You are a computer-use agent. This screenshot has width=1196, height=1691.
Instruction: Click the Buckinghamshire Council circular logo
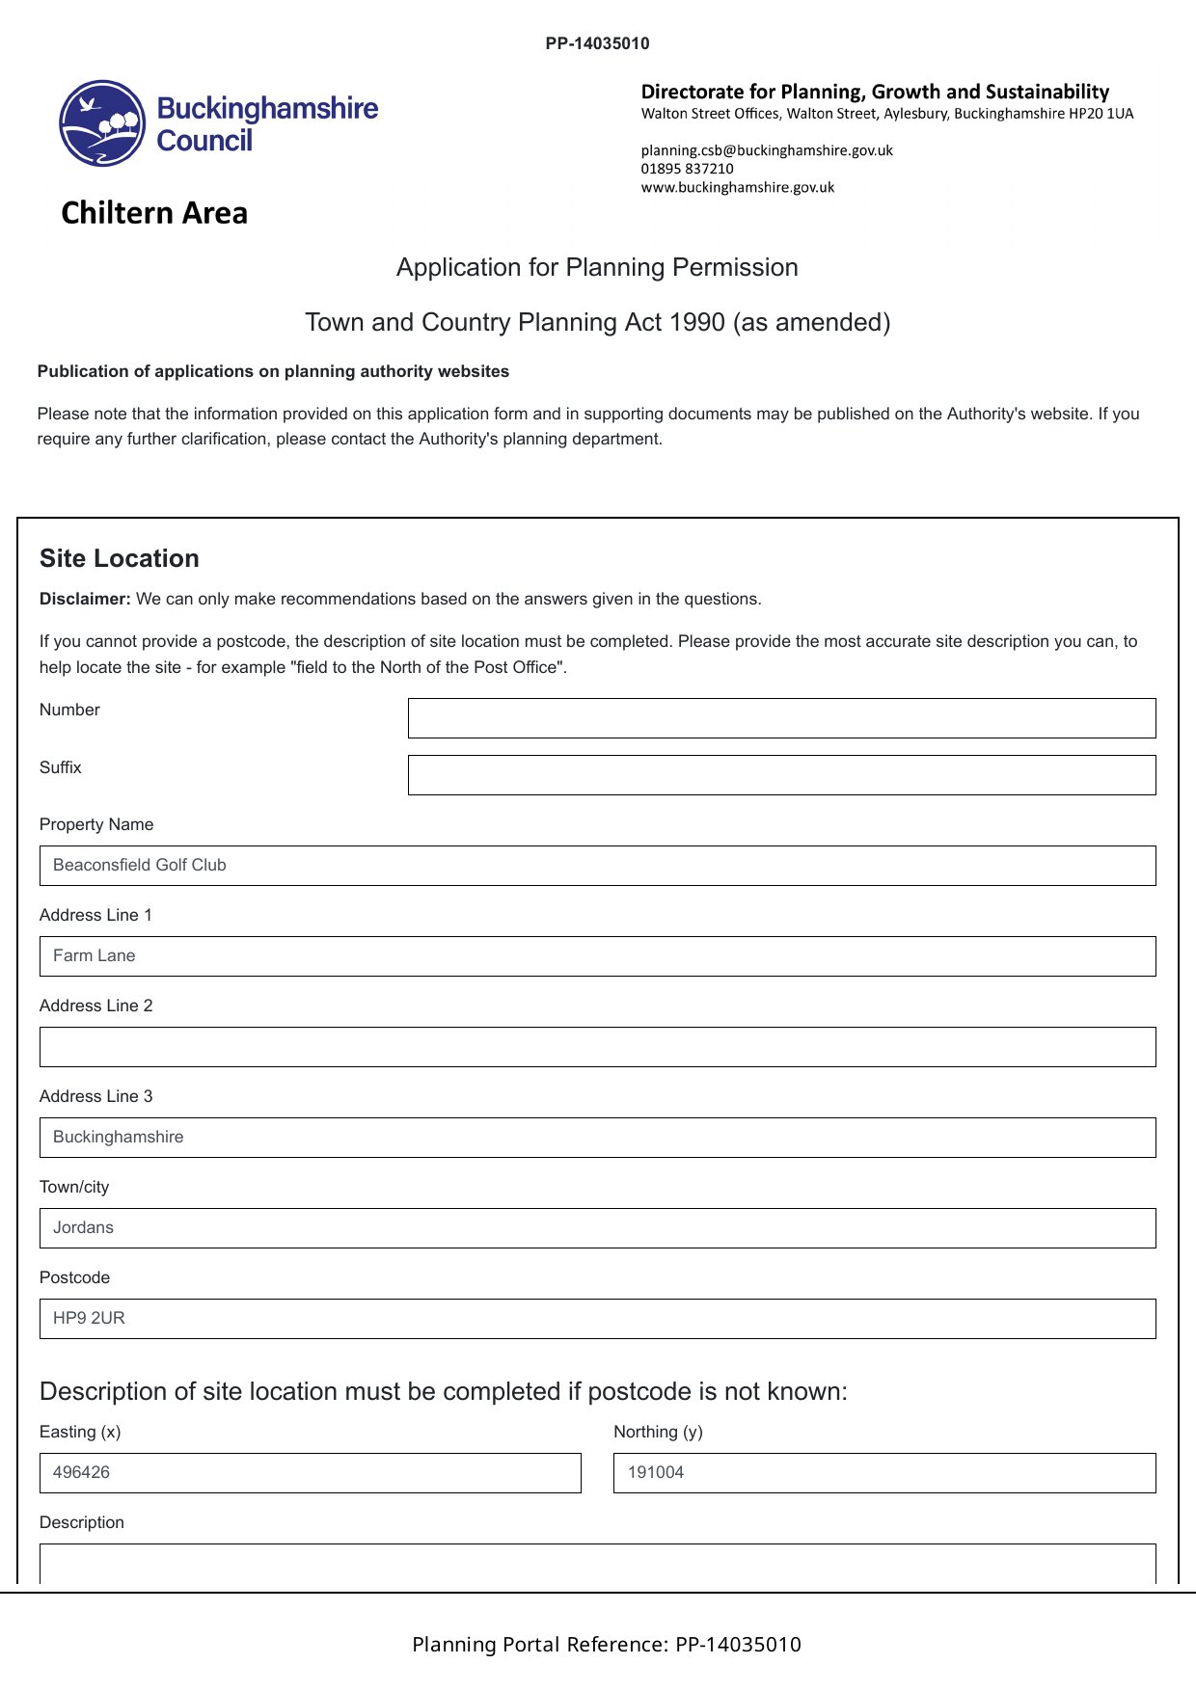(102, 123)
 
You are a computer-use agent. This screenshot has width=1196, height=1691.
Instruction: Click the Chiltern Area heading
(154, 213)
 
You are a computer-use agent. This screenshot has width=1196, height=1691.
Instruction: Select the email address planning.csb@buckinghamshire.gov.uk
(767, 150)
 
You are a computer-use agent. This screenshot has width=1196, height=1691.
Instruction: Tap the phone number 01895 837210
(687, 169)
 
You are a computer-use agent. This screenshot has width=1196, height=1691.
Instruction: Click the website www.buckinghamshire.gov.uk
(738, 187)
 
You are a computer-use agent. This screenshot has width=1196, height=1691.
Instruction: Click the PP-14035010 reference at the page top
(597, 43)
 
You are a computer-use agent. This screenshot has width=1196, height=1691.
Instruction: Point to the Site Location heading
(120, 558)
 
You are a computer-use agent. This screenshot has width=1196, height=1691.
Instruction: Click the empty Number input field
(781, 718)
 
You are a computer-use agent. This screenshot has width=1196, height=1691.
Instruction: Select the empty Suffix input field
(781, 775)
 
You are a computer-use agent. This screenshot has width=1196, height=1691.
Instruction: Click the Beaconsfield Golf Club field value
(140, 866)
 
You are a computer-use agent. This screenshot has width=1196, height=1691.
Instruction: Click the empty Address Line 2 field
(597, 1047)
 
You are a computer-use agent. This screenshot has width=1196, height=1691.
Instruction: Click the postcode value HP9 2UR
(89, 1319)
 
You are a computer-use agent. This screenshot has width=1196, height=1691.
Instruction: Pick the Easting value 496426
(82, 1473)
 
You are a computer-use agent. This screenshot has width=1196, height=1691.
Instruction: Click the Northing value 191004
(656, 1473)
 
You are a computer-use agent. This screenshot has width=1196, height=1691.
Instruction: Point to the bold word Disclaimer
(85, 599)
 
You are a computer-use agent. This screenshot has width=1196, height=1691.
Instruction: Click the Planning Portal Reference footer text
(606, 1645)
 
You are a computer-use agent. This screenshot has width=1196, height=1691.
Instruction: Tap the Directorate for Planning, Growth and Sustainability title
(875, 92)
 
